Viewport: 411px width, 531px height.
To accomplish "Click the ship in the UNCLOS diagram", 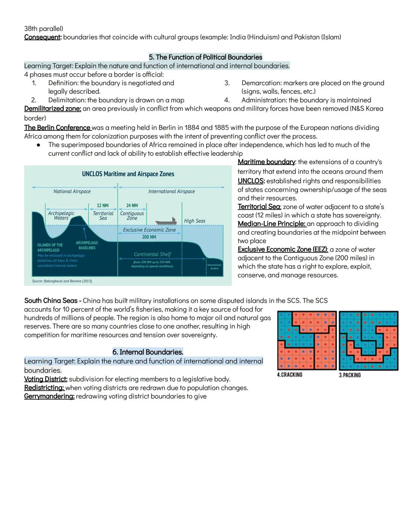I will pos(166,221).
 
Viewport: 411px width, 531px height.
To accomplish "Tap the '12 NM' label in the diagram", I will pos(102,206).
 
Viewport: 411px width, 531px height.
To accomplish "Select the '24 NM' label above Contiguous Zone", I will pos(132,206).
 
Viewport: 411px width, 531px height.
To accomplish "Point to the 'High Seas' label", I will pos(194,221).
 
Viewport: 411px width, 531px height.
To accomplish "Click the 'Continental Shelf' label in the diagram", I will pos(152,254).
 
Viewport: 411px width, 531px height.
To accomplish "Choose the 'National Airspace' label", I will pos(72,192).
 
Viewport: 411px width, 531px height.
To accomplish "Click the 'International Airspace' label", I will pos(171,192).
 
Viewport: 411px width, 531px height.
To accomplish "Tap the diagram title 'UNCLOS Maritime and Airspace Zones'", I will pos(128,174).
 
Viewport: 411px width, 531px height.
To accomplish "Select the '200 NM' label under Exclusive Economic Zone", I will pos(149,237).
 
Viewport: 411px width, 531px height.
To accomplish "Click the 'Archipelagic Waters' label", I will pos(61,216).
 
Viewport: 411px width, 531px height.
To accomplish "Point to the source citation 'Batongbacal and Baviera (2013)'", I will pos(62,281).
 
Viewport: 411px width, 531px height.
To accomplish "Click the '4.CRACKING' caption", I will pos(290,375).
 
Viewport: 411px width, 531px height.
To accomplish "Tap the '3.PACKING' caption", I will pos(350,375).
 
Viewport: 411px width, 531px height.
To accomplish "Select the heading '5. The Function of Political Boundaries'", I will pos(205,57).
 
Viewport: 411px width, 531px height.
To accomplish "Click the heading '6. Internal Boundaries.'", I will pos(148,352).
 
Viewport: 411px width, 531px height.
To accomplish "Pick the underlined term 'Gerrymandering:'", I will pos(49,396).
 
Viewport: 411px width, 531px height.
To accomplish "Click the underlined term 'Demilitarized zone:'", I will pos(53,109).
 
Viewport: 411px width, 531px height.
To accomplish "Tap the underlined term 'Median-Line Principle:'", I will pos(271,224).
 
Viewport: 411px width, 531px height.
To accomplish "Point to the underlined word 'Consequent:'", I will pos(43,37).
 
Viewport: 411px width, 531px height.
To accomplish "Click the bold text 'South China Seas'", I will pos(51,301).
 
